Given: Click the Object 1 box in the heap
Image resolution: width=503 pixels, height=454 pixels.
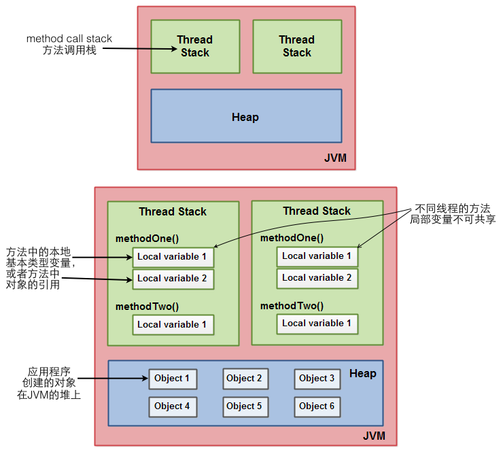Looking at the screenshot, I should [x=173, y=379].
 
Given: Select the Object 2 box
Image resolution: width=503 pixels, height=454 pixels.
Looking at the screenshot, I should [x=244, y=379].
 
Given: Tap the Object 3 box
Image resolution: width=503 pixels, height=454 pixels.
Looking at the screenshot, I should [x=317, y=379].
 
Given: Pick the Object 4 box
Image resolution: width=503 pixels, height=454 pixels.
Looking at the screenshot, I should [x=173, y=406].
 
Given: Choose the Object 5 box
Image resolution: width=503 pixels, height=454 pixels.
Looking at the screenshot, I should [x=244, y=406].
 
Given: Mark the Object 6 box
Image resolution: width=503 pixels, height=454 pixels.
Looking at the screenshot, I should [x=317, y=406].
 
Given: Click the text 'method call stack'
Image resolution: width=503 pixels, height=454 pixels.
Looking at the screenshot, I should [x=69, y=39].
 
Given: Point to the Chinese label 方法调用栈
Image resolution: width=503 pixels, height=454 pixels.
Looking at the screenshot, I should [x=69, y=51].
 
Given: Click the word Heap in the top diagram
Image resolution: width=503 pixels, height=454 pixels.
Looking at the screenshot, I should [x=245, y=117].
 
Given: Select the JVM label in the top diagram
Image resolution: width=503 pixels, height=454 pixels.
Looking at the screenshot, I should [x=335, y=158].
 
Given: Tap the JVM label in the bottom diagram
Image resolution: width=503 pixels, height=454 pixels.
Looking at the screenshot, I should [x=375, y=435].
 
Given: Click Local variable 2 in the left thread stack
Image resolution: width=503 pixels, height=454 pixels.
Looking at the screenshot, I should [x=173, y=279].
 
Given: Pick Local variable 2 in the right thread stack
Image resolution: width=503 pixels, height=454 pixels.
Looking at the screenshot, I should [x=317, y=278].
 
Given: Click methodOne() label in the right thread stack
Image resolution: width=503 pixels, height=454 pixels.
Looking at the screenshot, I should [x=292, y=238].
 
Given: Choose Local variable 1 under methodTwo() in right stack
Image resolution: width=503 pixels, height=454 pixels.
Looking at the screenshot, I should [x=317, y=324].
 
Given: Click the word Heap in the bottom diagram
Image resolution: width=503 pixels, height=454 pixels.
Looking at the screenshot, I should [x=362, y=374].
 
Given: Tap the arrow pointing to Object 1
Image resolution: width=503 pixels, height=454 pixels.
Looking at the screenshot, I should [x=116, y=378].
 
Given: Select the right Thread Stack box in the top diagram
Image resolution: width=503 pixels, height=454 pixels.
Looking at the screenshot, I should [x=296, y=46].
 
